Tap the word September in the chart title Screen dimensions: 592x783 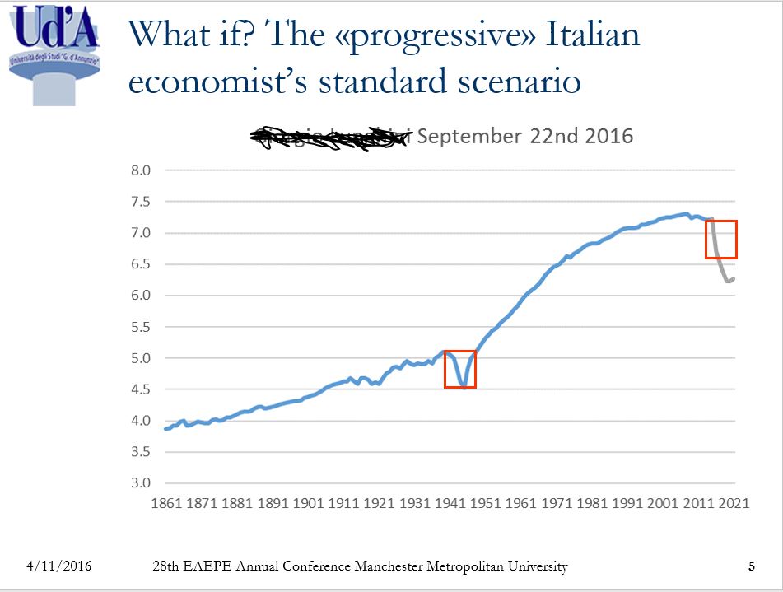click(468, 136)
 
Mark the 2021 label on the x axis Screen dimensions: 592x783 click(733, 502)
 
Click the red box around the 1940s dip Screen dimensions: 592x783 click(460, 369)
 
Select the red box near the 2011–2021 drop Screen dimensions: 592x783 click(721, 240)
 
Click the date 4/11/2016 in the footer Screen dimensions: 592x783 click(59, 566)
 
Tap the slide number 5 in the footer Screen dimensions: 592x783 click(751, 566)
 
